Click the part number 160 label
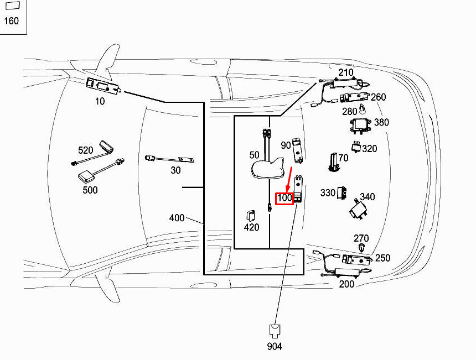coord(11,21)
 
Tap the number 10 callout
coord(100,101)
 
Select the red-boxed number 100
coord(284,199)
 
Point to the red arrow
coord(289,180)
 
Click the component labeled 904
coord(275,331)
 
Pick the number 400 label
coord(177,218)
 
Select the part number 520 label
coord(85,150)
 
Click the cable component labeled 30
coord(170,159)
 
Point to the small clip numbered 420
coord(251,215)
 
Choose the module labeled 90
coord(298,150)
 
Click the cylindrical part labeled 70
coord(334,161)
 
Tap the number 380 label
coord(381,122)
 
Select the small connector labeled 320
coord(356,147)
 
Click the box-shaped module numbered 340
coord(359,209)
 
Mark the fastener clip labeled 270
coord(361,248)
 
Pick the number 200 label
coord(346,284)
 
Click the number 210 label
coord(346,72)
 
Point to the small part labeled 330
coord(342,193)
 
